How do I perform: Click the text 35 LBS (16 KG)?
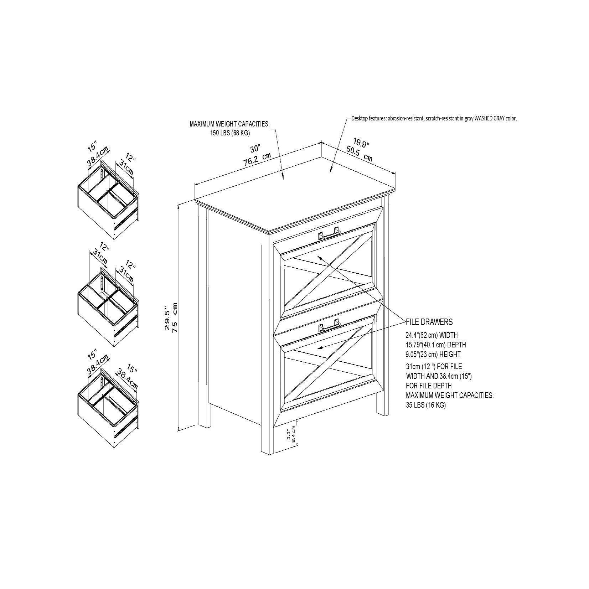tap(426, 405)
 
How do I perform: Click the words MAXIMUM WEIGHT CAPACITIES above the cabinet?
tap(229, 124)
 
